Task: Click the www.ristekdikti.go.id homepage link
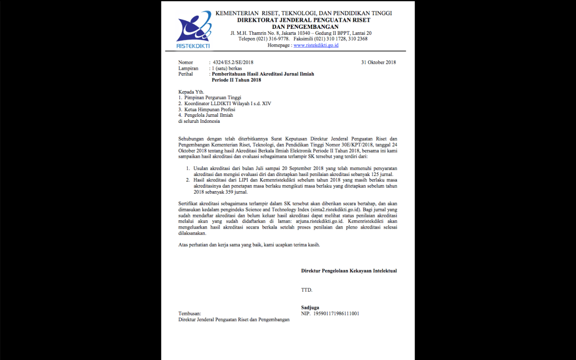(x=316, y=45)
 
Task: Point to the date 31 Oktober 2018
(x=378, y=62)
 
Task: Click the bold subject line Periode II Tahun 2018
(x=236, y=80)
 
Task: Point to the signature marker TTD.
(x=306, y=290)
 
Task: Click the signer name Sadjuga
(x=311, y=307)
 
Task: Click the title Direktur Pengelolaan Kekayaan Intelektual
(x=349, y=271)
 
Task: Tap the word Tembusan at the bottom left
(x=190, y=313)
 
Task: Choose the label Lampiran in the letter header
(x=188, y=68)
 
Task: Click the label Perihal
(x=186, y=74)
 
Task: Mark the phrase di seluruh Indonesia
(x=199, y=121)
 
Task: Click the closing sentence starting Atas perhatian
(x=249, y=245)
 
